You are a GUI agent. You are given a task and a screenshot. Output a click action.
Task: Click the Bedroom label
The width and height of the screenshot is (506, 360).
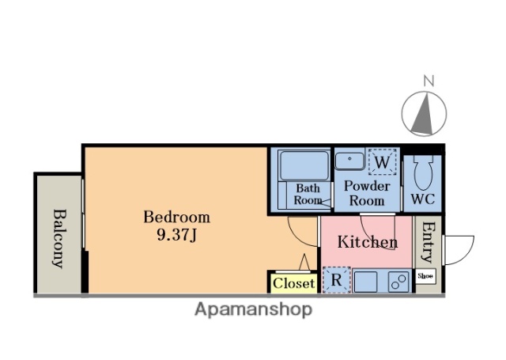(176, 217)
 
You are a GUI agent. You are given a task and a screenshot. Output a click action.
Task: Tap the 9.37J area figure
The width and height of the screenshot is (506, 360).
(176, 235)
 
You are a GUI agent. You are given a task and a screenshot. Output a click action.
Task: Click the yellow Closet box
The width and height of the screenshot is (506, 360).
(293, 283)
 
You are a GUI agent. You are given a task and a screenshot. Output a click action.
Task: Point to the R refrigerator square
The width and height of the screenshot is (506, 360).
(337, 280)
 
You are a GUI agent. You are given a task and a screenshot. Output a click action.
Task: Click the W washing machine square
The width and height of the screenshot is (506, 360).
(383, 161)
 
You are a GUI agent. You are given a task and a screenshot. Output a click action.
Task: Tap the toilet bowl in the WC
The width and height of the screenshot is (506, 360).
(423, 172)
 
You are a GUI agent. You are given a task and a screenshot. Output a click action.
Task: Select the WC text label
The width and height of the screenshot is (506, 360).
(423, 199)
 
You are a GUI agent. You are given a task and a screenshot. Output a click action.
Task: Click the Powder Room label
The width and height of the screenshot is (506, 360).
(367, 193)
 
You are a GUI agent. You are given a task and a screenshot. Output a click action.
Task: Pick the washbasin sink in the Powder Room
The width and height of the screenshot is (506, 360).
(349, 161)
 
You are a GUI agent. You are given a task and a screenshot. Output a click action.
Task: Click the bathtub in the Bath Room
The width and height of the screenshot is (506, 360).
(304, 165)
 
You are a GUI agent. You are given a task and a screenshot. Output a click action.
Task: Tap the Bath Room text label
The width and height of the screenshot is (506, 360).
(308, 194)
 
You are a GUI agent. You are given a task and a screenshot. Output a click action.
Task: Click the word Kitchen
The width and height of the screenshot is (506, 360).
(368, 242)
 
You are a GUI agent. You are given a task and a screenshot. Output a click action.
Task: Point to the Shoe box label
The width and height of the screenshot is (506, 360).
(425, 276)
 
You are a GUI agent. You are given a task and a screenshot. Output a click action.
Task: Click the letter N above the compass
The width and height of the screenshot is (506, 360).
(429, 81)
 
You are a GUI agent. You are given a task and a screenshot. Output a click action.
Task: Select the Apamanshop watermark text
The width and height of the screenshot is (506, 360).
(253, 309)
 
